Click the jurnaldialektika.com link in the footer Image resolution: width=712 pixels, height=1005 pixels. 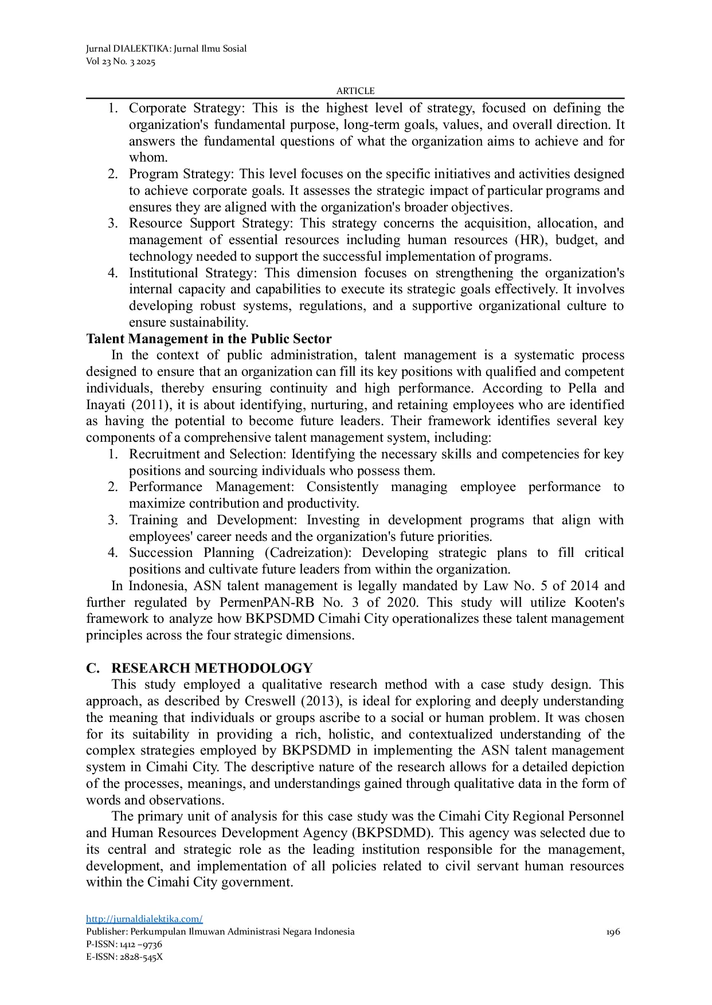point(144,919)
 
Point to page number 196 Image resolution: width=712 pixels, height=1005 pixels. point(613,932)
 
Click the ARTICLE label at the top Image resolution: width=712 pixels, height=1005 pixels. point(355,91)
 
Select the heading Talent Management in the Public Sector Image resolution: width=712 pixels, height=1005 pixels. point(209,339)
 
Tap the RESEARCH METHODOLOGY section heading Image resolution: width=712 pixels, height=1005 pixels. point(212,668)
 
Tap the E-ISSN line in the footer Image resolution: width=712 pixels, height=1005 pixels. point(124,957)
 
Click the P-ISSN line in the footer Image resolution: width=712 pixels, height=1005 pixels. point(124,944)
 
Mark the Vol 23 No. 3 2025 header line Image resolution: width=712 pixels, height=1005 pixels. point(120,62)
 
